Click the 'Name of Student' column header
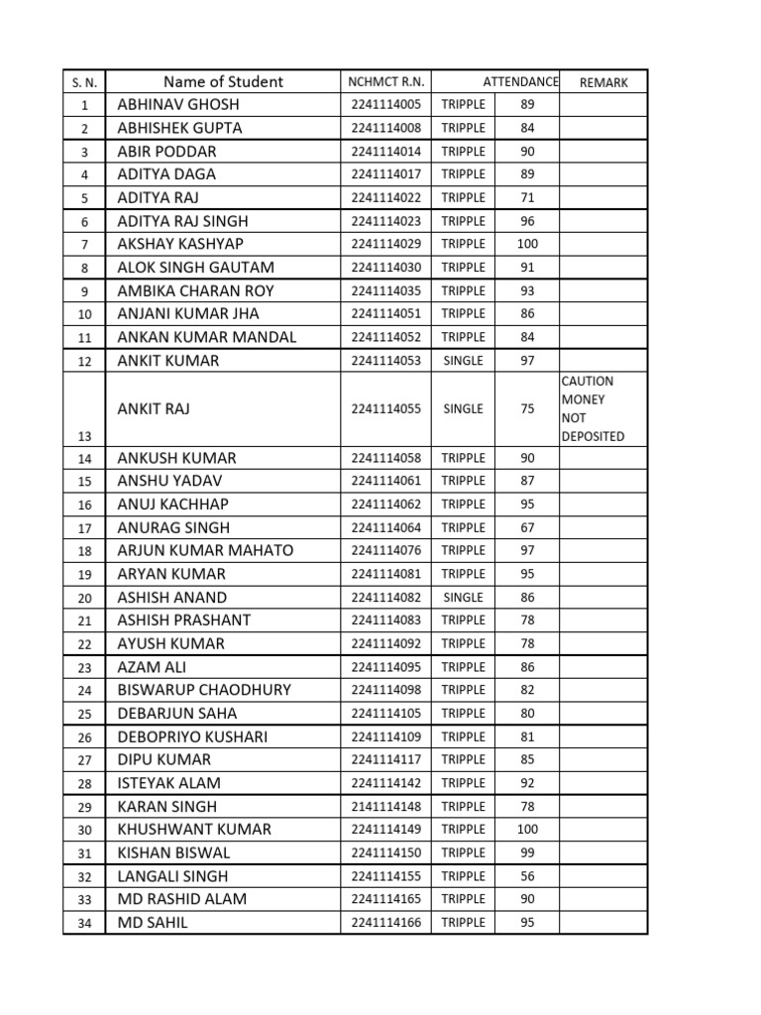point(223,82)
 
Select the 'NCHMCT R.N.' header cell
point(384,82)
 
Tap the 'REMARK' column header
point(603,82)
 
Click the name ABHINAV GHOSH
point(178,104)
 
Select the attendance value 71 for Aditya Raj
point(527,197)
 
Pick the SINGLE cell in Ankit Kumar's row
point(463,361)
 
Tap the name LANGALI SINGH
point(172,876)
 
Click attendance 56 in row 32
point(527,876)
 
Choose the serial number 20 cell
point(84,598)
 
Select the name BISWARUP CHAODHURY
point(204,690)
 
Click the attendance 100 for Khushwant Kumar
point(527,830)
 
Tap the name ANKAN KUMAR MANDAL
point(206,337)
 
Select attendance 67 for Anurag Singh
point(527,527)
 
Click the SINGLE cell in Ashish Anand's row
point(463,598)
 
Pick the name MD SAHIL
point(152,923)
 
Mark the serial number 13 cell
point(84,436)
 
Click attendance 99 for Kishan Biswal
point(527,852)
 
